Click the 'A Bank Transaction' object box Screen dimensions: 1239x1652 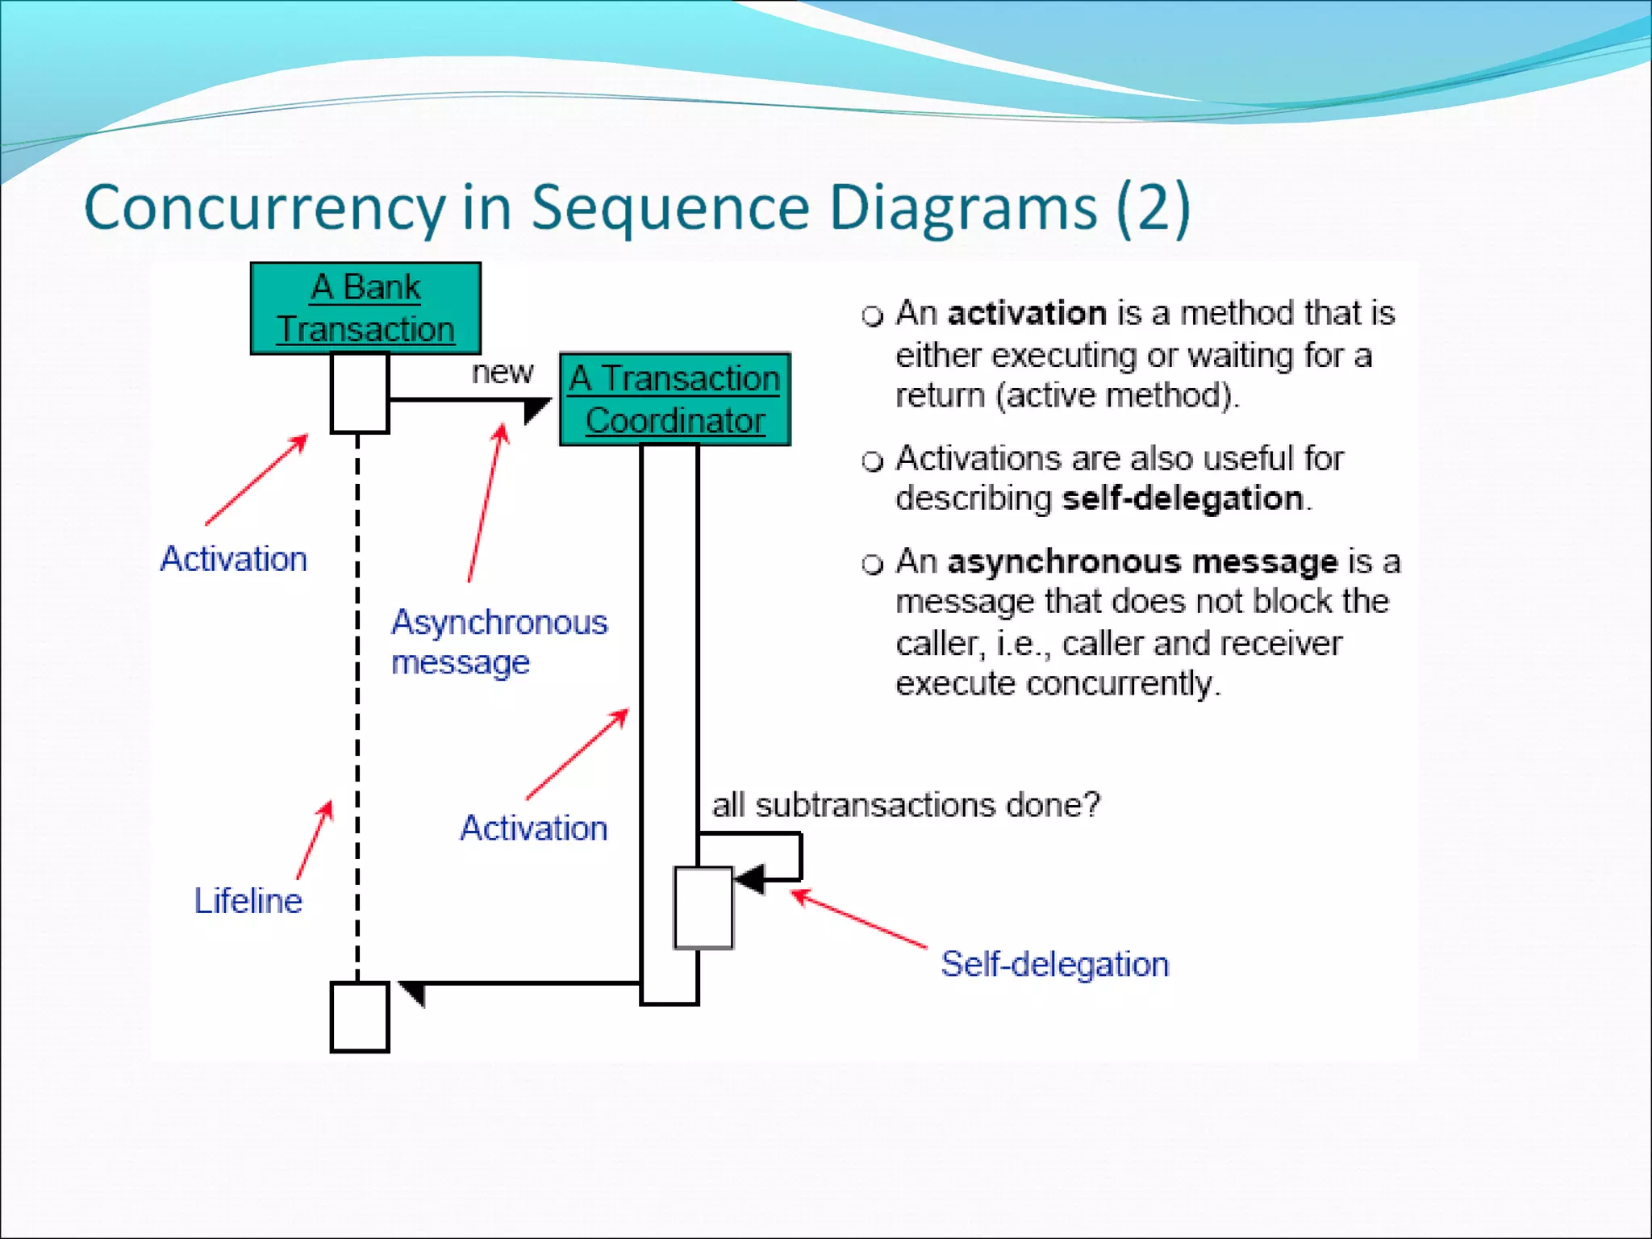[365, 308]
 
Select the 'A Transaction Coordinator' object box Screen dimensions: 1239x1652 [674, 399]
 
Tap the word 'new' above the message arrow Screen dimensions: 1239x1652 [502, 373]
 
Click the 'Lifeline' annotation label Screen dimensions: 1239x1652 [248, 900]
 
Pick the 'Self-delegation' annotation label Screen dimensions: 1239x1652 [1054, 964]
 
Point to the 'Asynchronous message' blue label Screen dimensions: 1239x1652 [499, 642]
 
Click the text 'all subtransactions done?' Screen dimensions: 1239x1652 [905, 805]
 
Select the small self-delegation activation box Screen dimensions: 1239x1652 [703, 907]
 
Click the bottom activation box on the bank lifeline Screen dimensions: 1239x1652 [360, 1016]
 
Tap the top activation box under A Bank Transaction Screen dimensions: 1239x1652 [360, 393]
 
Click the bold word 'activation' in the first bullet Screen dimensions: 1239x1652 [1026, 313]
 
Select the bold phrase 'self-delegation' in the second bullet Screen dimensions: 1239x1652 [1182, 499]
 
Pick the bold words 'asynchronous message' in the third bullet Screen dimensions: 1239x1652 [1142, 561]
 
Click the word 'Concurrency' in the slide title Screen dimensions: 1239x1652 [264, 208]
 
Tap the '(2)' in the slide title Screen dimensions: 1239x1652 [1153, 208]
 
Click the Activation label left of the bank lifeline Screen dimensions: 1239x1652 [233, 559]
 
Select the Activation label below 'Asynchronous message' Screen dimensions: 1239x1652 [533, 828]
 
